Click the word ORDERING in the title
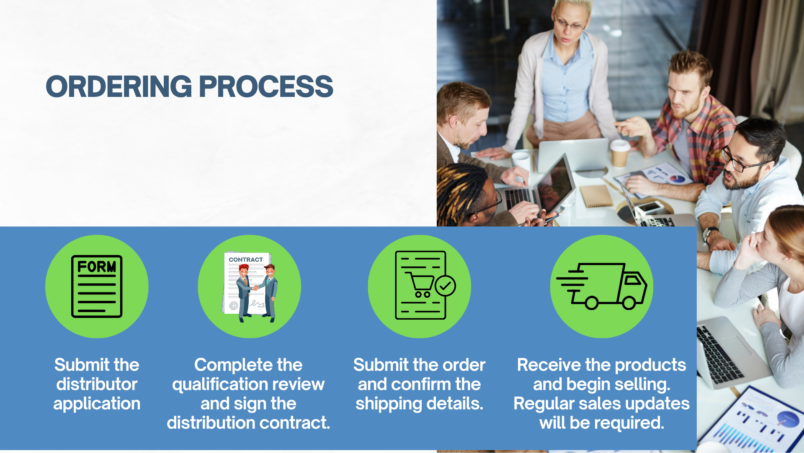[x=119, y=87]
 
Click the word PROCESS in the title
[x=266, y=87]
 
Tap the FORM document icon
[x=97, y=286]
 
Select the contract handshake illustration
[x=250, y=287]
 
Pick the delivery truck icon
[x=602, y=286]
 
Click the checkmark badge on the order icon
[x=445, y=286]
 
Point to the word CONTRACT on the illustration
[x=246, y=260]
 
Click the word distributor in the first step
[x=97, y=384]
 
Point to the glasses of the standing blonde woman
[x=569, y=24]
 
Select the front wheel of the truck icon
[x=629, y=303]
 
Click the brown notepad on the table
[x=597, y=196]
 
